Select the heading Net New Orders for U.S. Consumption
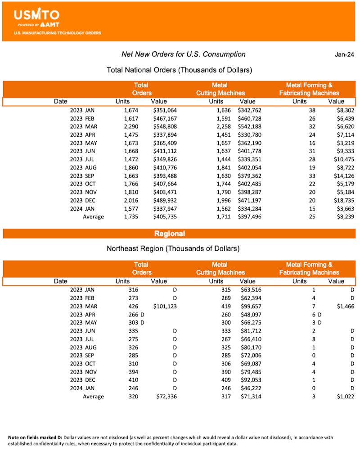click(x=184, y=54)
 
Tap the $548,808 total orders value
click(x=165, y=126)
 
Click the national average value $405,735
click(x=165, y=216)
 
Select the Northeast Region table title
click(x=173, y=248)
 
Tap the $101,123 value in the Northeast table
click(x=165, y=306)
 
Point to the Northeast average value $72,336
click(x=166, y=397)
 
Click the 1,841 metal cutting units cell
click(x=221, y=167)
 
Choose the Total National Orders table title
click(x=179, y=70)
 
